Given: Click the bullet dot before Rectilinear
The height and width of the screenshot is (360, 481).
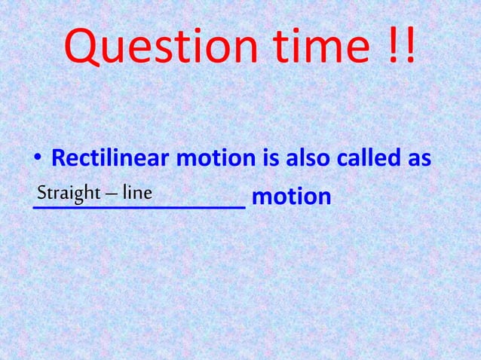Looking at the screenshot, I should click(35, 160).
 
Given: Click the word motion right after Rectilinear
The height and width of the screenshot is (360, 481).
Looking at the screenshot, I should click(216, 159).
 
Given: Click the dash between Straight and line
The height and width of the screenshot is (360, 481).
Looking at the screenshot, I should click(113, 194).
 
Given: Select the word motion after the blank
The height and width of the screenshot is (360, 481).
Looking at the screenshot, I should click(291, 197).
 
